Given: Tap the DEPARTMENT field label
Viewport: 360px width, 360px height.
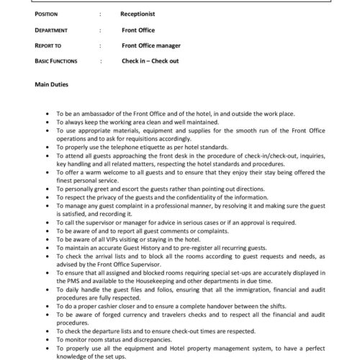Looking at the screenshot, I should (53, 30).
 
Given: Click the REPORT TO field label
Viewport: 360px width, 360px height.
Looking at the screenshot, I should (50, 45).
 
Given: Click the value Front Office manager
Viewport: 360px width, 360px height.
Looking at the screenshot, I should (150, 45).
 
